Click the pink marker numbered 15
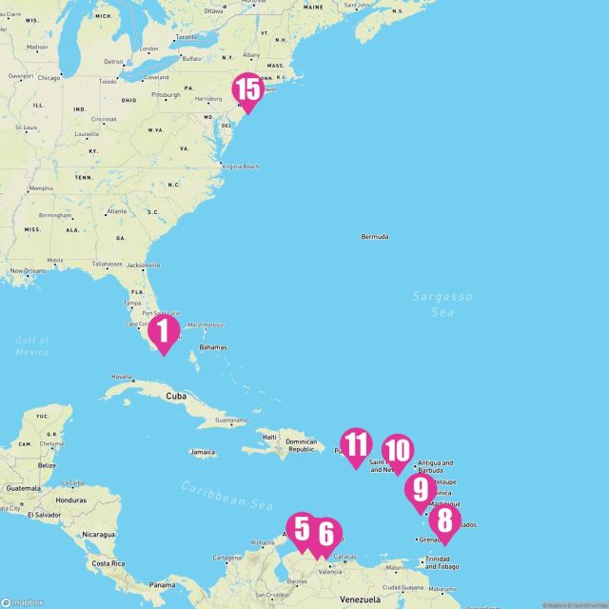[247, 90]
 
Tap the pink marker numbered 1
[164, 332]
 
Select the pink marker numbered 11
[356, 444]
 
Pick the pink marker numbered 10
[398, 450]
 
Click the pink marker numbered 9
[420, 490]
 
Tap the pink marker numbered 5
[303, 529]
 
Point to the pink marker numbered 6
[324, 534]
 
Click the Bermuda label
[375, 237]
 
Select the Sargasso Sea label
[442, 304]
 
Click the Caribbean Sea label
[226, 495]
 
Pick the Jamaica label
[203, 452]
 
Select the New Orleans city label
[30, 271]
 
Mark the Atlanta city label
[117, 210]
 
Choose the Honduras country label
[70, 500]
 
